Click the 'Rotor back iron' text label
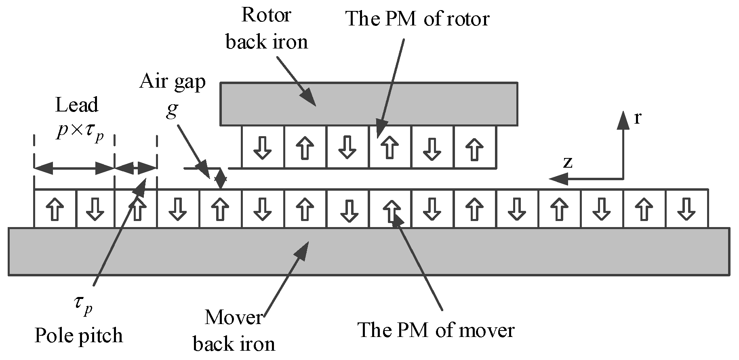click(267, 29)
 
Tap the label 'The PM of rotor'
click(417, 19)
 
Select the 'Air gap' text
click(173, 82)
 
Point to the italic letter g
click(172, 110)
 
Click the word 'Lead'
click(77, 105)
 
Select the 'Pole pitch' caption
click(78, 336)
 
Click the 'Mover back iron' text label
click(234, 331)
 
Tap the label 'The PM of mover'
click(436, 330)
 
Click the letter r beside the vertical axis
click(638, 118)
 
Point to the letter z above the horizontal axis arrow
click(568, 162)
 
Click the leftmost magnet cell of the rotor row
click(263, 147)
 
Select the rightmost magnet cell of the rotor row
click(475, 147)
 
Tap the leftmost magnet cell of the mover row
click(55, 208)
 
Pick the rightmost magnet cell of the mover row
click(686, 208)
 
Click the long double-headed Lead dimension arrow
click(74, 168)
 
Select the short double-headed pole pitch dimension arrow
click(136, 168)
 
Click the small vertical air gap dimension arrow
click(221, 178)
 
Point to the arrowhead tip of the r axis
click(623, 112)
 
